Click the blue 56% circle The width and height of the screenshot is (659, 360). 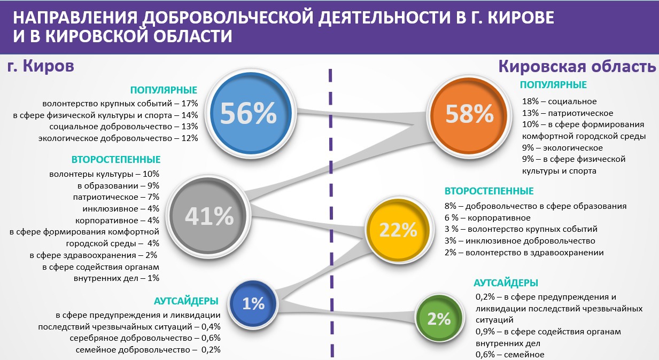point(250,114)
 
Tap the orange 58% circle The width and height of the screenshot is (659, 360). point(469,115)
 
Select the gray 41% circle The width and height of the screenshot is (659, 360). point(208,216)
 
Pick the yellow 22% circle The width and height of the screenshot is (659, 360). point(399,230)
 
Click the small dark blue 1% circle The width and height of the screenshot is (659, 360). point(253,303)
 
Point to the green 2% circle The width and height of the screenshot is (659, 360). point(439,318)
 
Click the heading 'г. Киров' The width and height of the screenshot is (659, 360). point(41,66)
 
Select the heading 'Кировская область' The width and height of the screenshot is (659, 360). point(577,66)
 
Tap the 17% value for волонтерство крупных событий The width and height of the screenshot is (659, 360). point(190,103)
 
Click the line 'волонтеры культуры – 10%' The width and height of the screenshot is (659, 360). point(104,174)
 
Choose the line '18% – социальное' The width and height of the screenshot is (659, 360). point(559,101)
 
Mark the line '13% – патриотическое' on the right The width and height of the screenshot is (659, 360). point(568,113)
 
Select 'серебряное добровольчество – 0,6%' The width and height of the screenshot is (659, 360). point(145,338)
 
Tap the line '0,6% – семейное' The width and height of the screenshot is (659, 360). point(510,355)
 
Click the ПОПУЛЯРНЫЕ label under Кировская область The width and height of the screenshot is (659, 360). point(553,85)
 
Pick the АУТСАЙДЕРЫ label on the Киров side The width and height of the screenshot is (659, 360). point(186,301)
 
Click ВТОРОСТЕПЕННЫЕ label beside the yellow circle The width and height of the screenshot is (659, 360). point(489,191)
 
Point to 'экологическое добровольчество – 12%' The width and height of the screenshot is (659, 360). point(118,138)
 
